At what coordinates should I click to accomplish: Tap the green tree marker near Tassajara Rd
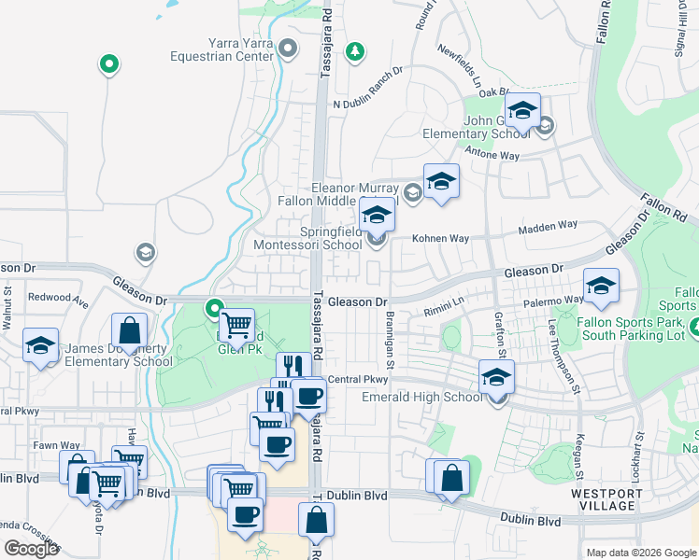(x=354, y=50)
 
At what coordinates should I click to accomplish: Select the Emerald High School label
(x=421, y=398)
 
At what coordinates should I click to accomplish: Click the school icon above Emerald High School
(x=496, y=377)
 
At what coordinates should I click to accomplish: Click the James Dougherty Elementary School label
(x=118, y=355)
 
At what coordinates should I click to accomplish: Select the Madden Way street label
(x=548, y=226)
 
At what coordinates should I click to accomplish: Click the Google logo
(x=31, y=549)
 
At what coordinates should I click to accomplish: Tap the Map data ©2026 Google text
(x=640, y=553)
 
